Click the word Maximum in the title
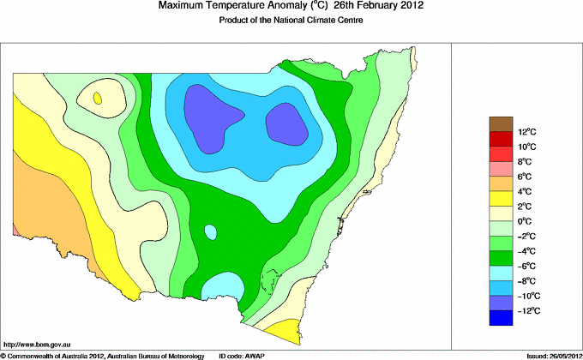183,6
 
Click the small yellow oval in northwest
99,99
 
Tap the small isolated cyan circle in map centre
209,231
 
